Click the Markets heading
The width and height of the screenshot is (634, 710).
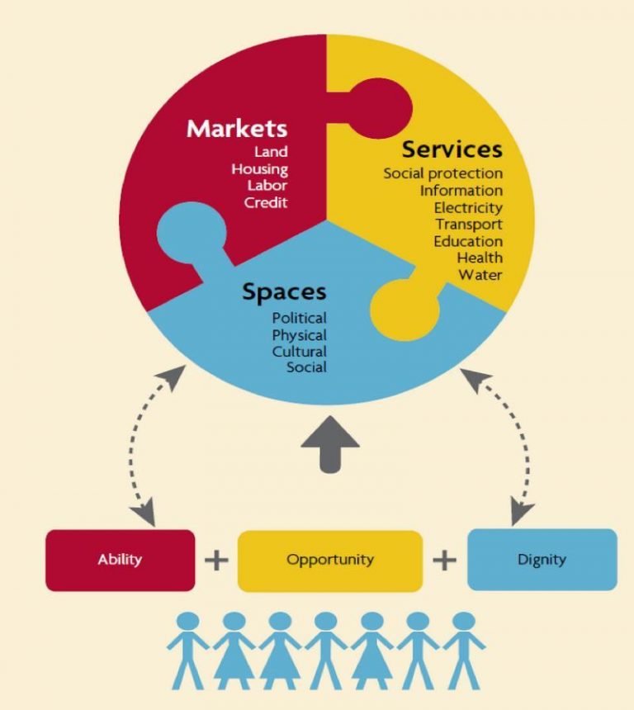(x=237, y=129)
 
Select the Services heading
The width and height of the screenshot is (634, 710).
(x=452, y=149)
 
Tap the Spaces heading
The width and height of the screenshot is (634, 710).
(x=284, y=291)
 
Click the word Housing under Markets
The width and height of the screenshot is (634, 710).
(x=259, y=169)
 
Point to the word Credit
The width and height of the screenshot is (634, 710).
(x=266, y=203)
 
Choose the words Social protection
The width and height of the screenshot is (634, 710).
(x=442, y=173)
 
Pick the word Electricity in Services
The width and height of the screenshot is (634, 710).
(x=468, y=207)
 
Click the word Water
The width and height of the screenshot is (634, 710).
(x=480, y=275)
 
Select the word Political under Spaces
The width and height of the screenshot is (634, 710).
(x=299, y=318)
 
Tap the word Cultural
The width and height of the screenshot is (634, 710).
(x=299, y=352)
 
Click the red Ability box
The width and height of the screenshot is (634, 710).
(x=121, y=560)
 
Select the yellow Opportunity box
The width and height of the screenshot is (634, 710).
(x=330, y=560)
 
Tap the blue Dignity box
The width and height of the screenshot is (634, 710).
(x=542, y=559)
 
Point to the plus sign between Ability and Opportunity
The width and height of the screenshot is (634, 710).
(x=216, y=561)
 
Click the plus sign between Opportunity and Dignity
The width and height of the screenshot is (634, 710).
(x=444, y=561)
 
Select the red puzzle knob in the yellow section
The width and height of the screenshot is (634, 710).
(x=381, y=108)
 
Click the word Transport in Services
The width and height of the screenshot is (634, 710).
(x=469, y=225)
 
